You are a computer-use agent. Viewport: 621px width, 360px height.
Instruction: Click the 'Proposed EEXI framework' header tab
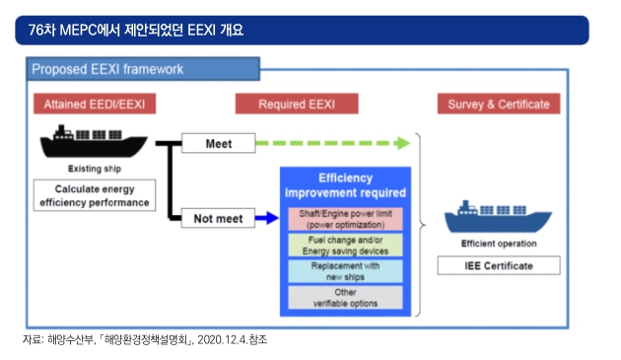tap(143, 69)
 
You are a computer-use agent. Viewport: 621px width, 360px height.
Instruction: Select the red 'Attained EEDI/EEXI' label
tap(95, 104)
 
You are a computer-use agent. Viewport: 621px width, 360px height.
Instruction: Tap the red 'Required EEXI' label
tap(297, 104)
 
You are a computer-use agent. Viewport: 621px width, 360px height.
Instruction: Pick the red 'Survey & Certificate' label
tap(499, 104)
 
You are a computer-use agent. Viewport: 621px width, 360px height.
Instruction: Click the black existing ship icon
tap(94, 142)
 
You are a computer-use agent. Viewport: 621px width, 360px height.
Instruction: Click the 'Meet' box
tap(219, 143)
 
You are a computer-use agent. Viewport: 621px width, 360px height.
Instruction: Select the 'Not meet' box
tap(218, 218)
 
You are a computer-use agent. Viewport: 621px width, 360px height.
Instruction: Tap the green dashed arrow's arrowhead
tap(402, 143)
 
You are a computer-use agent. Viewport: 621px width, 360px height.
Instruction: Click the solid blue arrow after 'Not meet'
tap(267, 218)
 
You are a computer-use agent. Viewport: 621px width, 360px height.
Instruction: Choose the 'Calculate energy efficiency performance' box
tap(95, 195)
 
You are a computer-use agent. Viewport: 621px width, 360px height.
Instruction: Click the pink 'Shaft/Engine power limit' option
tap(345, 219)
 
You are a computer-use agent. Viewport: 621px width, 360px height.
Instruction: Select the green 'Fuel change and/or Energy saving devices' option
tap(345, 246)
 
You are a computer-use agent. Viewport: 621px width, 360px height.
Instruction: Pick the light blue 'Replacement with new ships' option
tap(345, 271)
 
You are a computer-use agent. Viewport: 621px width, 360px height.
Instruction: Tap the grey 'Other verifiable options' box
tap(345, 297)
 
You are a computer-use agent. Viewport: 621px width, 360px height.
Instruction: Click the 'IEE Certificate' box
tap(499, 265)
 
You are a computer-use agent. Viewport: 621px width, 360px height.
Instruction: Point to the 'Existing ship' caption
tap(95, 169)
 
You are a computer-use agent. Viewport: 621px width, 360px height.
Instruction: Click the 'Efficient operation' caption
tap(499, 244)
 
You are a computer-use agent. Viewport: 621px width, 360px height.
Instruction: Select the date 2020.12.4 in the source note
tap(222, 339)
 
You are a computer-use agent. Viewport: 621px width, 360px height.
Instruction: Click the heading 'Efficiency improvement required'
tap(345, 185)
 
